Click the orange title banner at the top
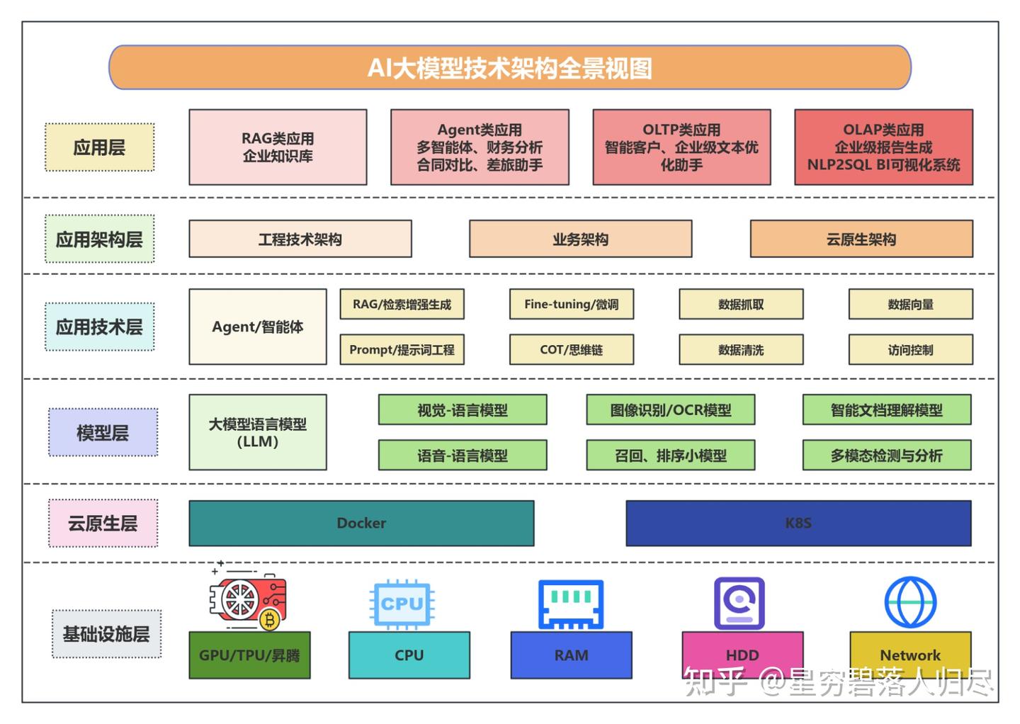pos(509,68)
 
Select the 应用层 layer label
pos(99,147)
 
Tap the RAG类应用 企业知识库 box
pos(278,147)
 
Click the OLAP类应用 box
pos(883,147)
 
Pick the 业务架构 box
pos(580,239)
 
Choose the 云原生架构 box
pos(861,239)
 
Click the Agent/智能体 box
pos(257,327)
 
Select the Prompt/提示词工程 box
pos(402,349)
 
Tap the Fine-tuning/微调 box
pos(571,304)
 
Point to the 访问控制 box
pos(910,349)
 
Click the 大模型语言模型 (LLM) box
pos(257,432)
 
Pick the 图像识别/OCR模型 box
pos(670,409)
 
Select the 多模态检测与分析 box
pos(886,455)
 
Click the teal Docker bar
pos(361,523)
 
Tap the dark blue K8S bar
pos(798,523)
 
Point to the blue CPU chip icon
pos(402,604)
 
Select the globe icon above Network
pos(910,602)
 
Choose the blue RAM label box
pos(571,655)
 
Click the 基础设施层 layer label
pos(106,634)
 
